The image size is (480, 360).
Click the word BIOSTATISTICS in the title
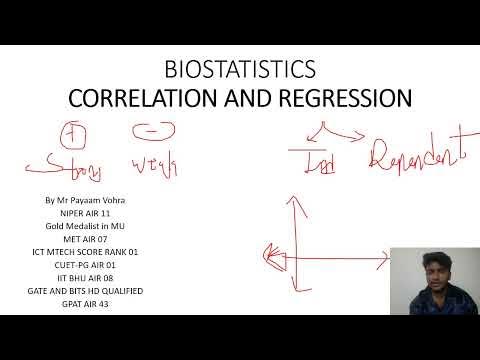pyautogui.click(x=239, y=70)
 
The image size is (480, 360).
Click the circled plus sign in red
pyautogui.click(x=72, y=134)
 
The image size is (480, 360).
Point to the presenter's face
pyautogui.click(x=430, y=276)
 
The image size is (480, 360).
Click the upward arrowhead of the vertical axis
pyautogui.click(x=292, y=200)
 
